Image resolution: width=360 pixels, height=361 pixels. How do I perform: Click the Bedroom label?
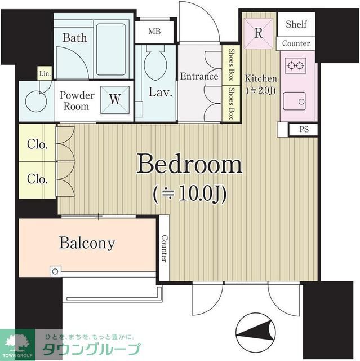click(x=189, y=166)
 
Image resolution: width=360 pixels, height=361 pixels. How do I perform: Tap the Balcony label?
click(x=87, y=244)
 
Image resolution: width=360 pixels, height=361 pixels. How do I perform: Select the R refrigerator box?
click(x=258, y=32)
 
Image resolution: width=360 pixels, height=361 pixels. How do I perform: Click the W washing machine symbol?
click(x=114, y=99)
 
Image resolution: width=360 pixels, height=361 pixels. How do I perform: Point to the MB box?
click(x=154, y=31)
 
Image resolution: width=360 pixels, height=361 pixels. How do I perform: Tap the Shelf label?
click(x=296, y=24)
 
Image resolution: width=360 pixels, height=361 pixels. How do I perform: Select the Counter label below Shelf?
click(x=296, y=43)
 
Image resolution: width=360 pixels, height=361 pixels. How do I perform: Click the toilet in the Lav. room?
click(x=155, y=64)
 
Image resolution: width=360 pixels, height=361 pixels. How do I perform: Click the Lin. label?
click(x=44, y=73)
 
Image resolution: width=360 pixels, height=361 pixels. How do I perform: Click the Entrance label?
click(x=199, y=76)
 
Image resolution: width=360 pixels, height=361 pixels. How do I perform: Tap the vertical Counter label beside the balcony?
click(x=164, y=249)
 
